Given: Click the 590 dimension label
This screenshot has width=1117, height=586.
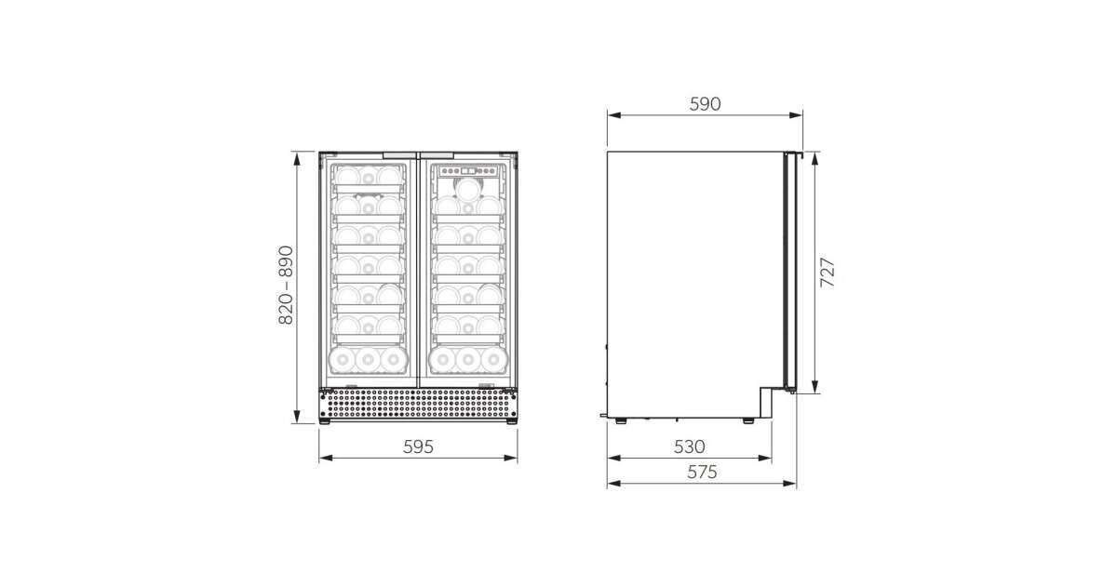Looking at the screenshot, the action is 705,104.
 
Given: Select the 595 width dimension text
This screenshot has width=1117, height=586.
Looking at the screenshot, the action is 418,447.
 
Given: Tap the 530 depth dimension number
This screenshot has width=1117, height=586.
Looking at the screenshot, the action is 689,447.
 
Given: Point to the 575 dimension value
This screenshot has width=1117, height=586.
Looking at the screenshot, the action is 702,472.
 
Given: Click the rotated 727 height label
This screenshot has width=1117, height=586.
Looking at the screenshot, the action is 828,272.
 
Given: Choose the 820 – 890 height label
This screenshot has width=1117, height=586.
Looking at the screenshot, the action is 286,285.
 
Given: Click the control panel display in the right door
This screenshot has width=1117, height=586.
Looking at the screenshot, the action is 467,171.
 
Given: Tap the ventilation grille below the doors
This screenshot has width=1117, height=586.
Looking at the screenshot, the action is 418,404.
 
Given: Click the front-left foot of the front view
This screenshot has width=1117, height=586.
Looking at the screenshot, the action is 325,421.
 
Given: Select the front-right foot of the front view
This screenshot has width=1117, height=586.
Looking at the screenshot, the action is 512,421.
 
